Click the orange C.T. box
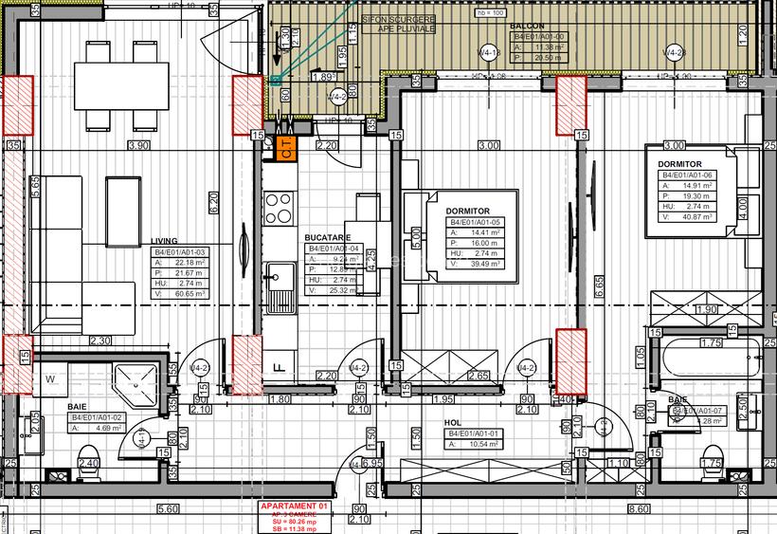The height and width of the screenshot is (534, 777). (287, 147)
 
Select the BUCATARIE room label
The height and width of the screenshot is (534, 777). (328, 238)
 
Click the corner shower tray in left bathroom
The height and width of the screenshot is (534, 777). (140, 381)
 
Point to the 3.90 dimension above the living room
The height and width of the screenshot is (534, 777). (139, 146)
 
